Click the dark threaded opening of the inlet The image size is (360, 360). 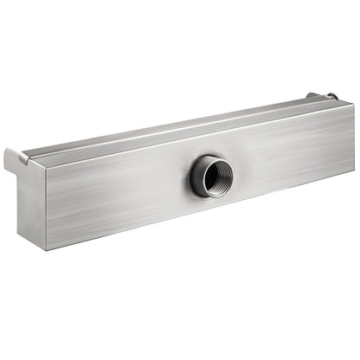pyautogui.click(x=211, y=177)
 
